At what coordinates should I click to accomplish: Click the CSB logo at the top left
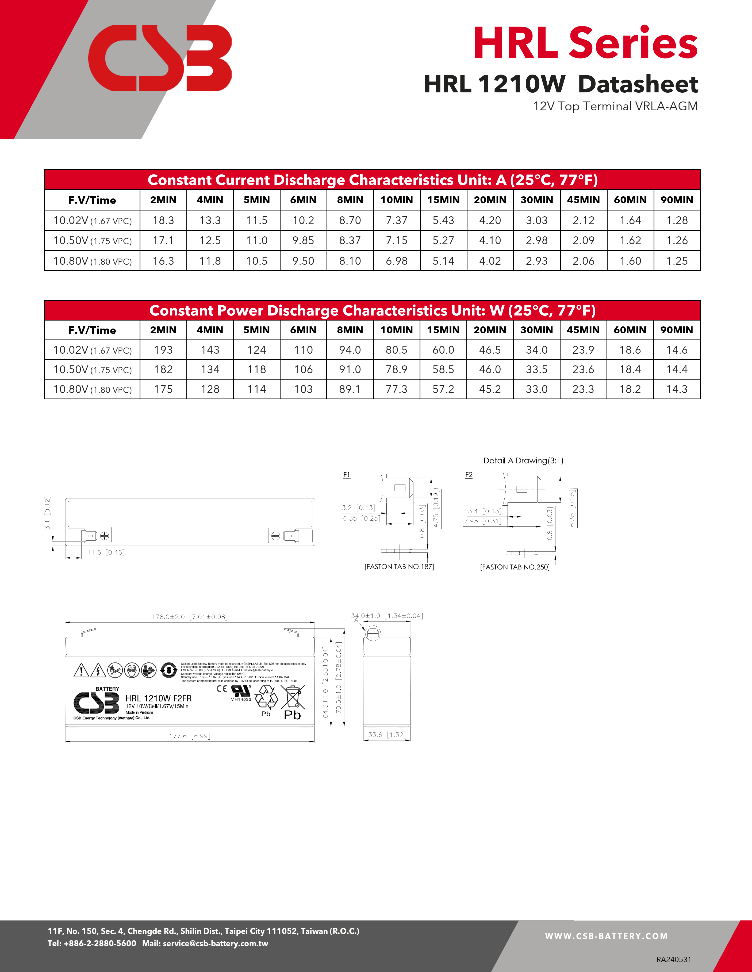tap(159, 58)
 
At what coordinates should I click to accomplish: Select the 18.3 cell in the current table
tap(163, 220)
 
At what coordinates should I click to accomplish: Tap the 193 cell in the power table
tap(163, 350)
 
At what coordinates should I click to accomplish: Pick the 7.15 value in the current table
tap(397, 240)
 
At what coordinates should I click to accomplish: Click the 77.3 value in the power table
tap(397, 389)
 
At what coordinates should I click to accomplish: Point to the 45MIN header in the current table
tap(583, 200)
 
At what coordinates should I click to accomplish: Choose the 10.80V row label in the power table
tap(92, 389)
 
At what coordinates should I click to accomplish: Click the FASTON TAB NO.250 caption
tap(515, 567)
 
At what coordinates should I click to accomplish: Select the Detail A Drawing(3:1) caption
tap(523, 461)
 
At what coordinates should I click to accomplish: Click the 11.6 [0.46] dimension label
tap(106, 552)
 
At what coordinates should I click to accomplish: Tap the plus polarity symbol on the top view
tap(105, 536)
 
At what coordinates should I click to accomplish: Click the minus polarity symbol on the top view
tap(276, 536)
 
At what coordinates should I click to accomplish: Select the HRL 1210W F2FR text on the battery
tap(159, 698)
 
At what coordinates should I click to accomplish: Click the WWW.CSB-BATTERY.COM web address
tap(606, 936)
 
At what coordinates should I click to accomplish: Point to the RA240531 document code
tap(674, 959)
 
